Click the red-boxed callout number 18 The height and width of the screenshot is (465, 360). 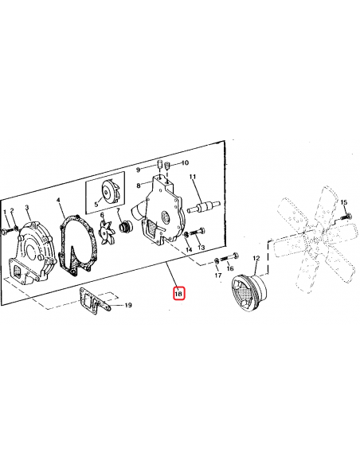(178, 294)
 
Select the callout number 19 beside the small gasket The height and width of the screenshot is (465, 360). (128, 305)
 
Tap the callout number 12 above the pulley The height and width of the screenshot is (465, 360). (256, 259)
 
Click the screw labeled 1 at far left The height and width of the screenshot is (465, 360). (6, 229)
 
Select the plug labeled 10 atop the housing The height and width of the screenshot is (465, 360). (166, 167)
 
